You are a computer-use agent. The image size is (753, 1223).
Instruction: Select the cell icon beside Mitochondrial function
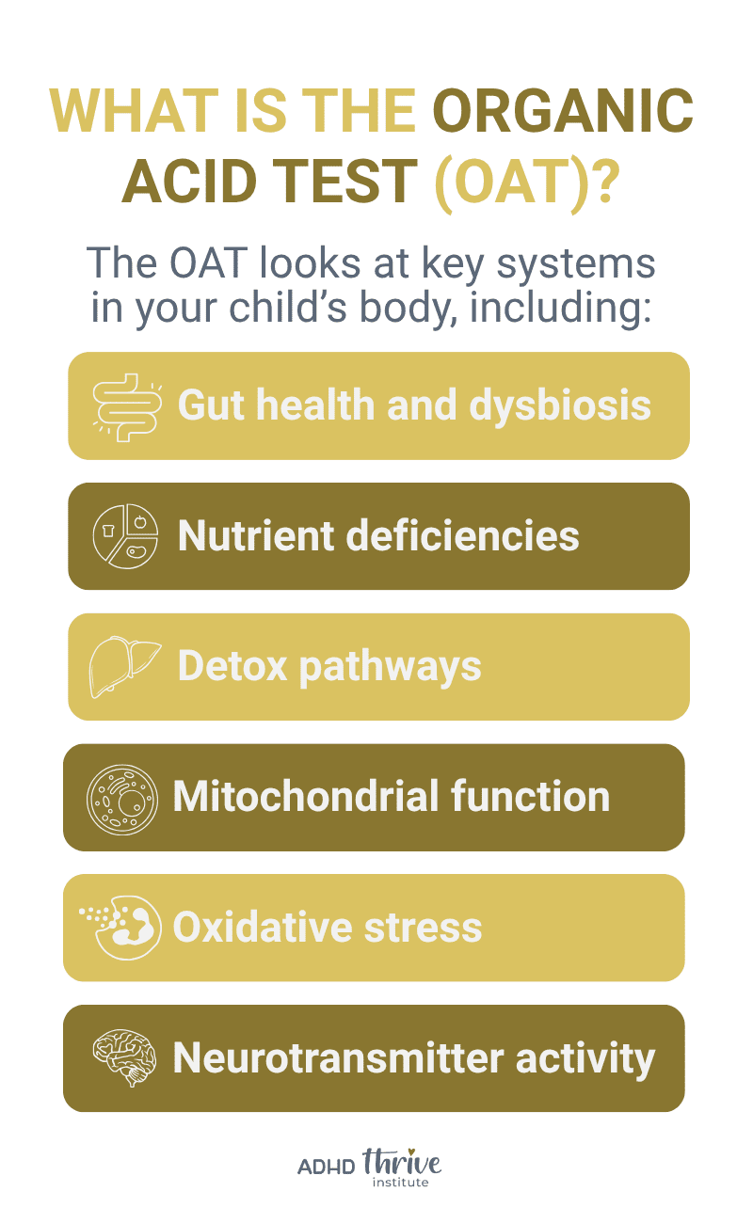[119, 798]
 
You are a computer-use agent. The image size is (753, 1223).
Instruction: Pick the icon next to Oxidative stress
[119, 928]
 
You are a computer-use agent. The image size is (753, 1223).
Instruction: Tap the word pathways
[390, 667]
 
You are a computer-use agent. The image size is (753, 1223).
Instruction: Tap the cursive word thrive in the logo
[402, 1164]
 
